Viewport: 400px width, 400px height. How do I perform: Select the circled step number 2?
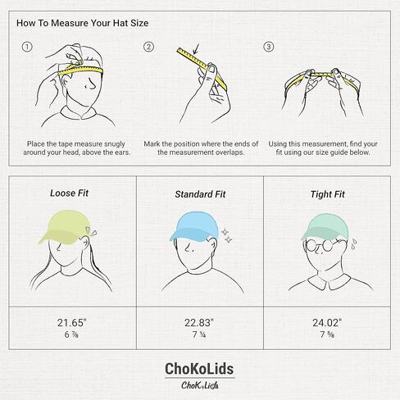[x=148, y=47]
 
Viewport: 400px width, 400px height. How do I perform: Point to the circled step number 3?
[x=268, y=47]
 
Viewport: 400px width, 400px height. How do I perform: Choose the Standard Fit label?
[x=199, y=193]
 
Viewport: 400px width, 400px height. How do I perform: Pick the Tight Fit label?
[x=327, y=193]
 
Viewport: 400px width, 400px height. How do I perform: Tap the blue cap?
[x=194, y=227]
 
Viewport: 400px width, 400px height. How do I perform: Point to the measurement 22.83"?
[x=200, y=322]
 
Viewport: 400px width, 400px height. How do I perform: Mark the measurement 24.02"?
[x=327, y=322]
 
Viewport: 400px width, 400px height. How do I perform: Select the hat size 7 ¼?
[x=200, y=335]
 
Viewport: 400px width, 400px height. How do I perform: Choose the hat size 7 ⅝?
[x=327, y=335]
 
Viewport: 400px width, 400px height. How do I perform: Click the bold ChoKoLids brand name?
[x=200, y=370]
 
